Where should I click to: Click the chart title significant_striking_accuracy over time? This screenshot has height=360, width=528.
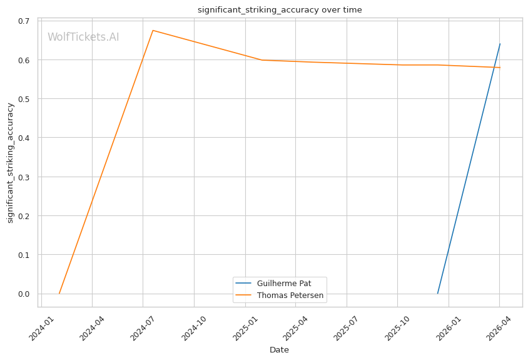(280, 10)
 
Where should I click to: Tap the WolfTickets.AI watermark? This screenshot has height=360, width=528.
(83, 37)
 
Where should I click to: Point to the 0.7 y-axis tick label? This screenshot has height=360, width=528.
(24, 21)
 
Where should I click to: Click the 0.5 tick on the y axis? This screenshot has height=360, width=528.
(24, 99)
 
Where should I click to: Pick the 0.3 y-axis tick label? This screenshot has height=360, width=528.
(24, 177)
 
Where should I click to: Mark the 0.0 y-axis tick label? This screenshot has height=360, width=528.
(24, 294)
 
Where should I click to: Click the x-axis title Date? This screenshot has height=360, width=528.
(279, 350)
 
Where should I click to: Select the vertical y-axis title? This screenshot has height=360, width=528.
(10, 163)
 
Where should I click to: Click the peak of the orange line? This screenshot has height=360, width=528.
(153, 30)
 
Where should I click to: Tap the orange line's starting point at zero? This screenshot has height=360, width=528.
(59, 294)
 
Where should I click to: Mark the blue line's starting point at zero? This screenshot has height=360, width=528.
(437, 294)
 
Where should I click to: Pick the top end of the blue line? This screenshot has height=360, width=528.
(500, 44)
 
